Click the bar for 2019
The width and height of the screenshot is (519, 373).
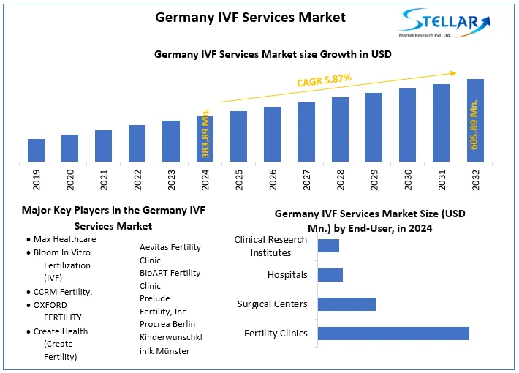click(x=36, y=150)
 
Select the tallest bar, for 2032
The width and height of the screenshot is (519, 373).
click(x=475, y=120)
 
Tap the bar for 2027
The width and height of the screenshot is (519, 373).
click(x=306, y=132)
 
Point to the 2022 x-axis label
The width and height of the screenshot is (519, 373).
click(x=137, y=179)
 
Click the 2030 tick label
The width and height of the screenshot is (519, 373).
click(x=408, y=179)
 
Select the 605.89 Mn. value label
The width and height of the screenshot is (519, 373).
click(x=474, y=125)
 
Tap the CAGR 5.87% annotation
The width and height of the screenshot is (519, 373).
click(x=325, y=80)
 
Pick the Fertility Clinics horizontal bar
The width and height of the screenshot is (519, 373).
click(x=393, y=334)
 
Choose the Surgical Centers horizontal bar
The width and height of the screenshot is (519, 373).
click(x=346, y=304)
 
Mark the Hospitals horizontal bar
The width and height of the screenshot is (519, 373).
click(x=330, y=275)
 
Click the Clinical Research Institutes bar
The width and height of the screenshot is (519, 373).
click(x=328, y=246)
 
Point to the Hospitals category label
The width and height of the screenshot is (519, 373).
click(x=287, y=275)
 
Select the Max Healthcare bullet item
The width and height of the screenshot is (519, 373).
click(x=64, y=239)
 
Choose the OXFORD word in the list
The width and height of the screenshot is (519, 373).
click(x=50, y=305)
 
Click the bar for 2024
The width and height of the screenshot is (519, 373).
click(x=205, y=139)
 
